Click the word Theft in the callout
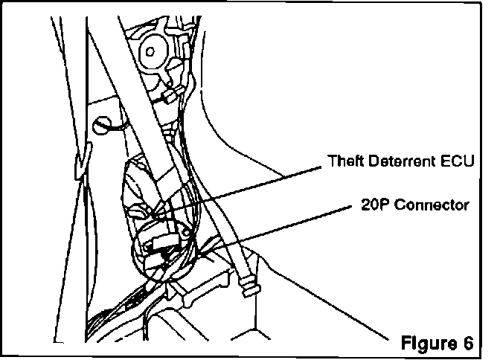344,161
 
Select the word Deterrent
400,161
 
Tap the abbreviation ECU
456,161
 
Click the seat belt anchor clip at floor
248,287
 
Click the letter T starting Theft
331,161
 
